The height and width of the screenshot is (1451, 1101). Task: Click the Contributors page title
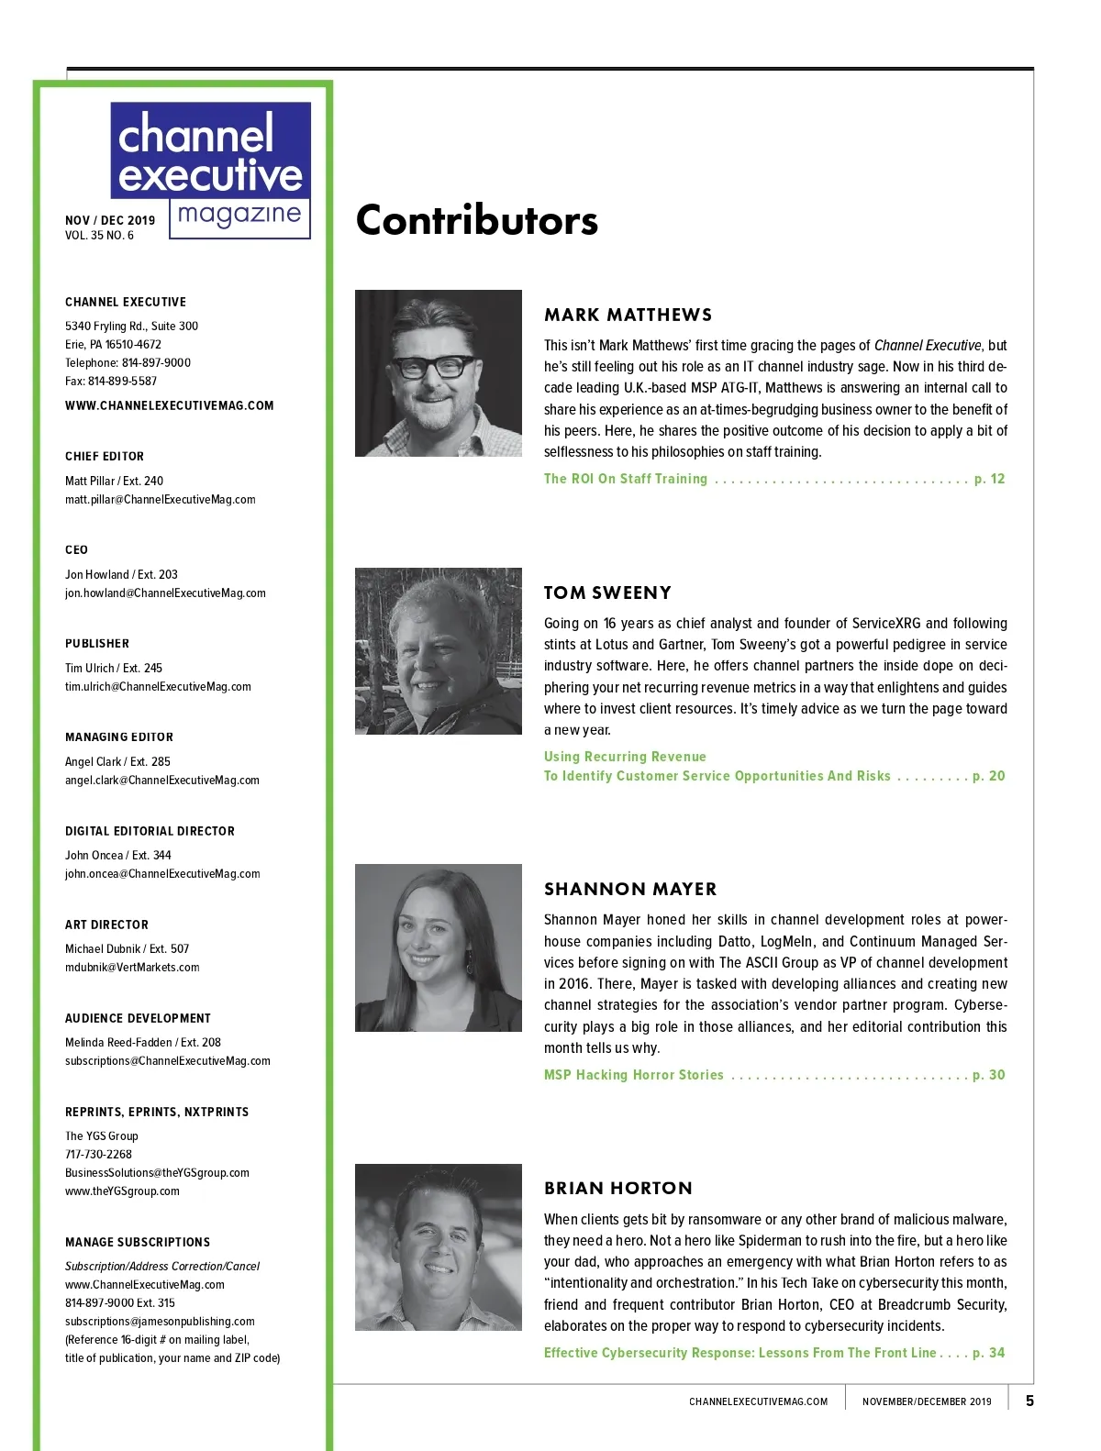click(476, 221)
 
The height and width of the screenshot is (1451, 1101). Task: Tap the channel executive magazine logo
click(211, 170)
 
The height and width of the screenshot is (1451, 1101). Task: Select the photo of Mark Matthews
click(438, 373)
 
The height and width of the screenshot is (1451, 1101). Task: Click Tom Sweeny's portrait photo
click(438, 651)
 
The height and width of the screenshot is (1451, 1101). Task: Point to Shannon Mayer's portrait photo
click(438, 947)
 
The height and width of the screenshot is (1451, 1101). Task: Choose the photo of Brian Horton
click(438, 1247)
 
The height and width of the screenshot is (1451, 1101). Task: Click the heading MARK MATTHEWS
click(628, 315)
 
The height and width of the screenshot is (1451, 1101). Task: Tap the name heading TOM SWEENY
click(607, 593)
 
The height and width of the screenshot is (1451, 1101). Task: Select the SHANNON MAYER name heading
click(630, 889)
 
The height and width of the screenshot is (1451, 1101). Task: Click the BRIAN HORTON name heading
click(617, 1188)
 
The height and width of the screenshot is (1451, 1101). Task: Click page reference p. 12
click(989, 479)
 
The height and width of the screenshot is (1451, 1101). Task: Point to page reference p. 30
click(988, 1075)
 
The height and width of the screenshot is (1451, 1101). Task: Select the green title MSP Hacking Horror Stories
click(633, 1075)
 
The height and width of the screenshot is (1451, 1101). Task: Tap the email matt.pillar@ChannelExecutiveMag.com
click(160, 500)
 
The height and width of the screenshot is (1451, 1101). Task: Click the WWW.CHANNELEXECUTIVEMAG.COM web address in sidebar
click(169, 405)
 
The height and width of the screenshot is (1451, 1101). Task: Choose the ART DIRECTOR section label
click(106, 925)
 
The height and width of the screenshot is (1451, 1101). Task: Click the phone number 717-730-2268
click(98, 1154)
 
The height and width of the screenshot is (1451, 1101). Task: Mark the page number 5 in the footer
click(1029, 1401)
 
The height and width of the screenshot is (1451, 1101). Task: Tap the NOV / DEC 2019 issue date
click(110, 220)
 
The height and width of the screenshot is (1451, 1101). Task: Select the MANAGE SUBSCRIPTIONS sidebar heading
click(138, 1242)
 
